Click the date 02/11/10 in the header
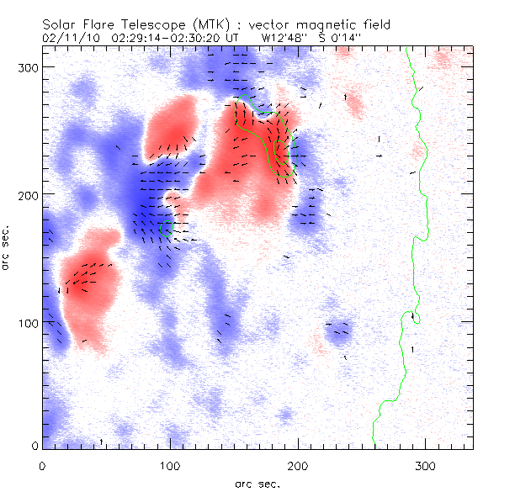(69, 38)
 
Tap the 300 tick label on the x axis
(425, 465)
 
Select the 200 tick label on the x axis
(297, 465)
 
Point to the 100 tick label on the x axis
(170, 465)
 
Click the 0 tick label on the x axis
(42, 465)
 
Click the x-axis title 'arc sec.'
(257, 483)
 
